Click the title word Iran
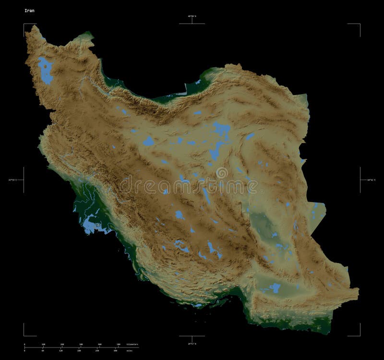29,10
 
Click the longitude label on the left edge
12,180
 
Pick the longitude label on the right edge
372,180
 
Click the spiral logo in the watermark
222,173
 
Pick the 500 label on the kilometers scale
119,345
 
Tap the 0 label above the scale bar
24,345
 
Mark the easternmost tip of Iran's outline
359,289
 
